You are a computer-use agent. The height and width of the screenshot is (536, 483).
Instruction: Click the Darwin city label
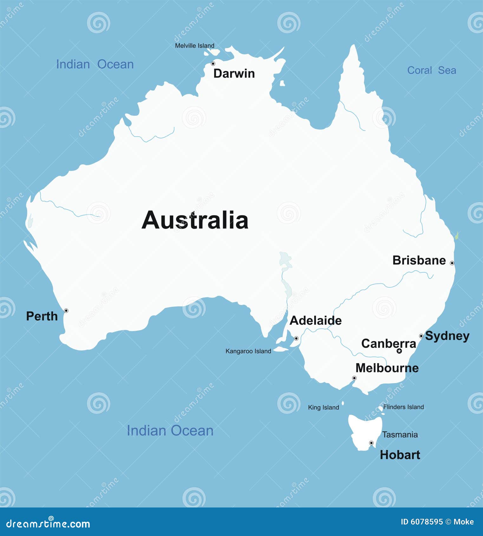coord(234,74)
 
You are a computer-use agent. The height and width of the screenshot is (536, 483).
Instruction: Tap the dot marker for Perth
coord(66,310)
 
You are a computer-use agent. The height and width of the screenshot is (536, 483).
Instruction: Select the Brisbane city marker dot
coord(452,263)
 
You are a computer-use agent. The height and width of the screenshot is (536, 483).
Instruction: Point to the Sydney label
coord(447,336)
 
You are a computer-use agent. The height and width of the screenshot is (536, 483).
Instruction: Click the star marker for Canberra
coord(399,351)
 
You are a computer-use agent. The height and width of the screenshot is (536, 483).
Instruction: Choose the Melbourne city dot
coord(354,378)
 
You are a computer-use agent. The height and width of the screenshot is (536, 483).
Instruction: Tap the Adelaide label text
coord(316,320)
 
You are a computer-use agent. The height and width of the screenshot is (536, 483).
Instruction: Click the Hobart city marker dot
coord(371,443)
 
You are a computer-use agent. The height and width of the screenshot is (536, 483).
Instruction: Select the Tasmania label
coord(400,435)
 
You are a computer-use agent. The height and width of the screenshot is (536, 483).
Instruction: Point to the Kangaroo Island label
coord(248,351)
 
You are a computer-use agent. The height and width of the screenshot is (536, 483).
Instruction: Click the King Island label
coord(323,408)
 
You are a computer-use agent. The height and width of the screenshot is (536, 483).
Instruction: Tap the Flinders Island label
coord(403,407)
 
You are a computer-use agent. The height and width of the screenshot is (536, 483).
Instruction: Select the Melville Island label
coord(195,46)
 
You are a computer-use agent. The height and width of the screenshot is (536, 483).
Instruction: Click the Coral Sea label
coord(432,70)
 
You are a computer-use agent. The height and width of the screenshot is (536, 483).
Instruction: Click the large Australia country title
coord(195,220)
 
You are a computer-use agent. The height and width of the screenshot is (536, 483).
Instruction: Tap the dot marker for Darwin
coord(213,64)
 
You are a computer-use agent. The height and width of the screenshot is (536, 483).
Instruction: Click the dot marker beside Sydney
coord(421,336)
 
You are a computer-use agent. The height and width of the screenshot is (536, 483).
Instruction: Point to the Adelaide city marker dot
coord(296,338)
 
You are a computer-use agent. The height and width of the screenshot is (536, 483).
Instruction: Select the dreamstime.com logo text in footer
coord(48,523)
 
